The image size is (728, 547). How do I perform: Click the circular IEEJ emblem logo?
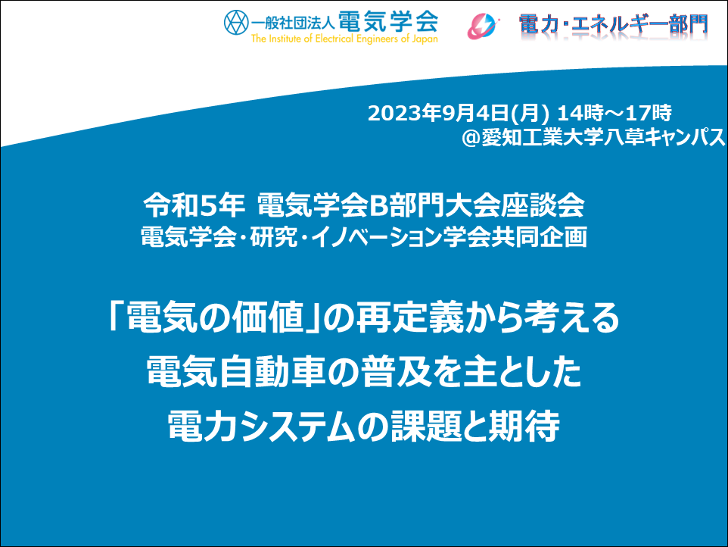coord(236,22)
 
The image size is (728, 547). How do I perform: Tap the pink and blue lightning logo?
coord(484,26)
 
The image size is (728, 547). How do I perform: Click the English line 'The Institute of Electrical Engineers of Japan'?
coord(344,39)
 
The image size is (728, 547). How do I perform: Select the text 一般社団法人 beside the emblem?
coord(293,23)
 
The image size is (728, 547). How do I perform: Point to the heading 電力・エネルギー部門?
coord(613,24)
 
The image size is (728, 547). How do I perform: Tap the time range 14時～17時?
coord(614,112)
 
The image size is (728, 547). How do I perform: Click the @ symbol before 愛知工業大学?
coord(471,137)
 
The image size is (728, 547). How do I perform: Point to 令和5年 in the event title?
coord(194,205)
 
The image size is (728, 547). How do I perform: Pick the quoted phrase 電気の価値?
coord(214,317)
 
